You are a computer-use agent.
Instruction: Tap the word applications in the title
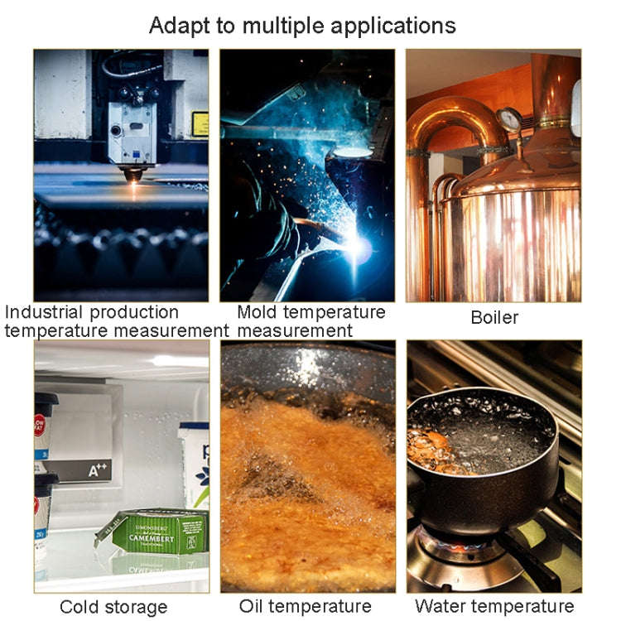392,26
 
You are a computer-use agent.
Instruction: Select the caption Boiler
494,318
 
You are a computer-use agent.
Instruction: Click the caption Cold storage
113,607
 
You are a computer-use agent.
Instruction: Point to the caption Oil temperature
306,606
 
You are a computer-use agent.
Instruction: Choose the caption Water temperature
494,606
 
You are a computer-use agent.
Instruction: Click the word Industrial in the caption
44,312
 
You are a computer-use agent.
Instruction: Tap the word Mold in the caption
257,312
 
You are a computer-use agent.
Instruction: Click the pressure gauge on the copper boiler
510,120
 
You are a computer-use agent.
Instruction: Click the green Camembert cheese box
156,532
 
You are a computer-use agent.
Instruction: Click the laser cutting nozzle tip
133,175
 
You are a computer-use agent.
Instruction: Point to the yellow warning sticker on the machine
200,124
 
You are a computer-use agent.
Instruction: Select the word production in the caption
134,313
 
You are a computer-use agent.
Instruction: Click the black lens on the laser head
116,130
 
